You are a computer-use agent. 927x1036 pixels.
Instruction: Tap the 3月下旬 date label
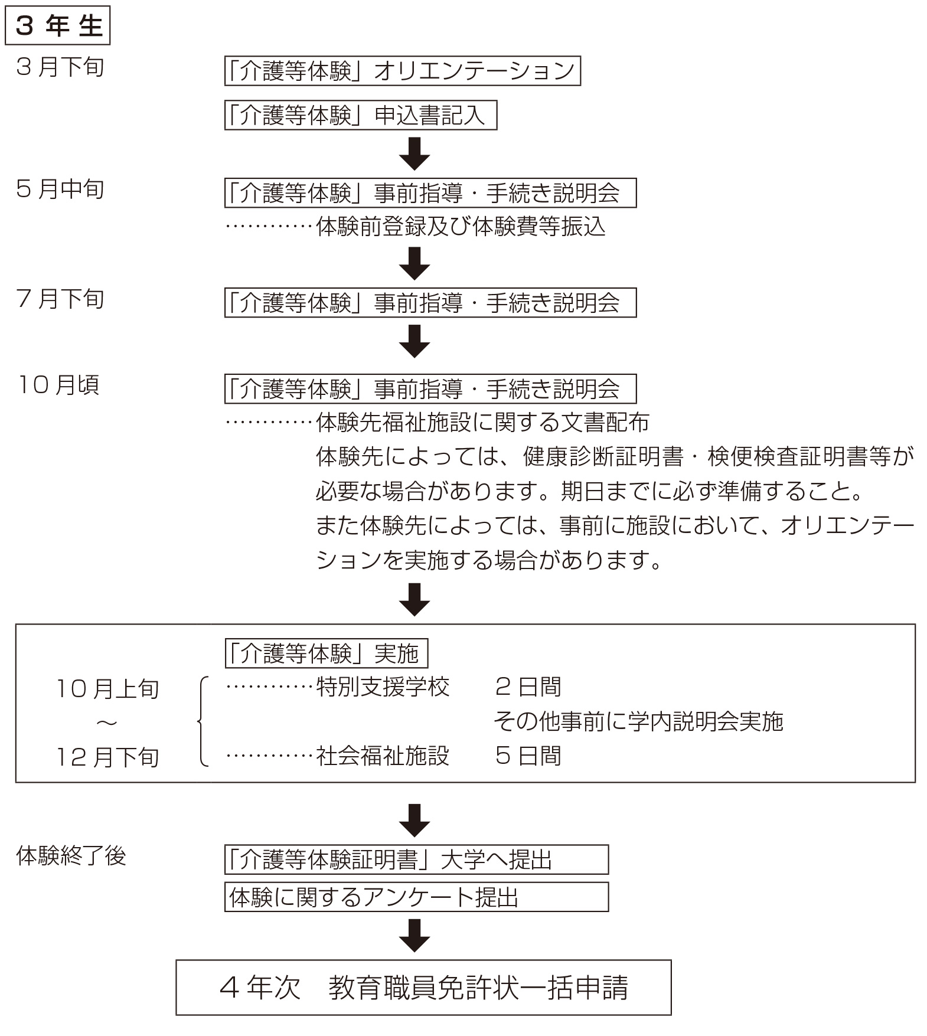point(60,67)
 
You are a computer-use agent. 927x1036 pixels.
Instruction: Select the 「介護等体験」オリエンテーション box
point(402,71)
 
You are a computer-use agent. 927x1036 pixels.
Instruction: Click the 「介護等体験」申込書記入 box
point(360,115)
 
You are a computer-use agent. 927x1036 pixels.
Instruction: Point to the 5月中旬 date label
point(60,189)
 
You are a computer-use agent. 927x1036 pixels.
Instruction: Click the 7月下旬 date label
point(60,299)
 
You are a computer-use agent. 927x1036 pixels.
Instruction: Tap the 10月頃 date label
point(58,385)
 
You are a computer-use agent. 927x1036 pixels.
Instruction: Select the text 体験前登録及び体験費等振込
point(461,227)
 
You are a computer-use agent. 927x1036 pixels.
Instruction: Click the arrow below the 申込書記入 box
point(414,153)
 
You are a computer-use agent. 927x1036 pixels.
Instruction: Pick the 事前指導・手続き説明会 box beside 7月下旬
point(430,303)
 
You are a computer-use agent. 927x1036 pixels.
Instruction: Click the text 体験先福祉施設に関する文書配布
point(482,422)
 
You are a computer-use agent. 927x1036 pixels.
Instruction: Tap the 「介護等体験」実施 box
point(326,653)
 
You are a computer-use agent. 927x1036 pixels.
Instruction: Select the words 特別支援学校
point(383,687)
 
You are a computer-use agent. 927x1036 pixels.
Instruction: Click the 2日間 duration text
point(528,687)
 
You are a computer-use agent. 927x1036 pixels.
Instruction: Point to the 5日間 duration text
point(528,756)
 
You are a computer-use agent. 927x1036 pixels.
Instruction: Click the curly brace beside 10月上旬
point(203,721)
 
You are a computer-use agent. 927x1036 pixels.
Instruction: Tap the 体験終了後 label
point(71,855)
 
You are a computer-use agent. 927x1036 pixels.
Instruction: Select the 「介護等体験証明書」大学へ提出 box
point(416,859)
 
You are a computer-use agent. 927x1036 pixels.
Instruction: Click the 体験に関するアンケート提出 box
point(416,897)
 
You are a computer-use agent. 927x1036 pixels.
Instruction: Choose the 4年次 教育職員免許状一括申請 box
point(423,988)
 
